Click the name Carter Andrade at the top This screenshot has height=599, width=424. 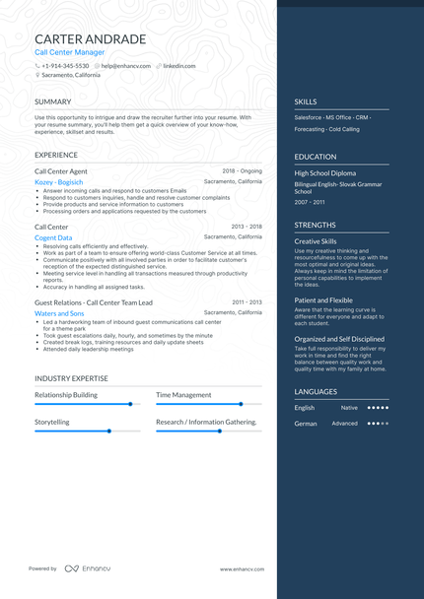(90, 39)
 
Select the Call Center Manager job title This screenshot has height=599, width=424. (69, 53)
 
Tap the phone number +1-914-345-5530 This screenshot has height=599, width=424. (65, 65)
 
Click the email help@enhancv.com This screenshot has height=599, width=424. (126, 65)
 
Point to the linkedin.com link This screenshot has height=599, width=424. (179, 65)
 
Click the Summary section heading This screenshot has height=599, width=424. (52, 101)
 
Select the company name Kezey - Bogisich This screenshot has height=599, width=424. (58, 182)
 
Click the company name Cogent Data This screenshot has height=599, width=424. (53, 237)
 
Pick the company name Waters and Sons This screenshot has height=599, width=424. (59, 313)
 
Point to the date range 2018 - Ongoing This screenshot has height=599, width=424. (243, 170)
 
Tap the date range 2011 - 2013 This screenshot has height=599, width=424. (247, 301)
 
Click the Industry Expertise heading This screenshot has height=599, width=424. (71, 378)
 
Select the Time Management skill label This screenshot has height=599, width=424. (183, 395)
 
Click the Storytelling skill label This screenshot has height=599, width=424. (52, 422)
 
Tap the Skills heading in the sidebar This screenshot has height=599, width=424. (305, 101)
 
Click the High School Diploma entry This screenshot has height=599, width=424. (324, 173)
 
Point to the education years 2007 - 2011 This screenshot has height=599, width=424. (309, 201)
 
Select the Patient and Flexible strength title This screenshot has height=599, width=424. (323, 300)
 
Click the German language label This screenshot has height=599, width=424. (305, 424)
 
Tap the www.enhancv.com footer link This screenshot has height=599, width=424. (240, 568)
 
